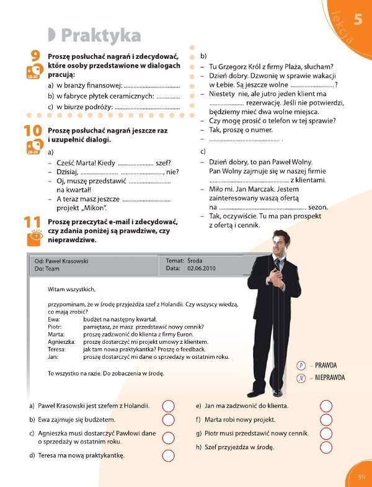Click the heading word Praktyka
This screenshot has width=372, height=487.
click(x=101, y=35)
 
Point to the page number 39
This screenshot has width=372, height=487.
click(x=362, y=476)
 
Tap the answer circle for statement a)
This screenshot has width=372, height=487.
click(x=168, y=406)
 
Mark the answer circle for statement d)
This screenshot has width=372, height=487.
click(x=168, y=455)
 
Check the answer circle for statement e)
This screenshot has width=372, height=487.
click(x=327, y=406)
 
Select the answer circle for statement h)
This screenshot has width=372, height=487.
click(x=327, y=447)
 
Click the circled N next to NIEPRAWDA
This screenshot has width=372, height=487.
click(x=301, y=377)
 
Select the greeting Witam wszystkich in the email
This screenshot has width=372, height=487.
click(x=72, y=289)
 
